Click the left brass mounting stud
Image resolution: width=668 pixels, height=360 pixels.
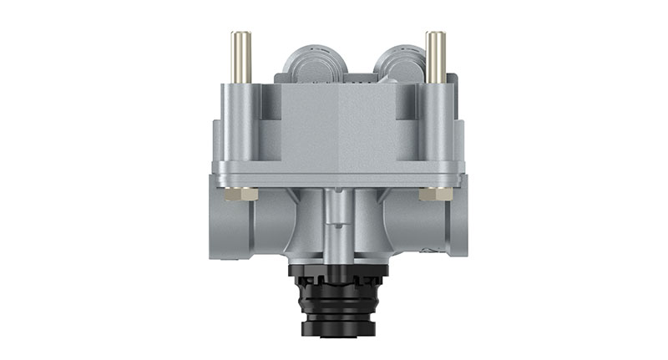click(240, 56)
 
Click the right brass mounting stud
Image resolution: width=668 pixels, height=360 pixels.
click(434, 56)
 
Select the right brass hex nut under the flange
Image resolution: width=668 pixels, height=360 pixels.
click(434, 194)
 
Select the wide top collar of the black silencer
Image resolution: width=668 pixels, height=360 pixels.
click(337, 271)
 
